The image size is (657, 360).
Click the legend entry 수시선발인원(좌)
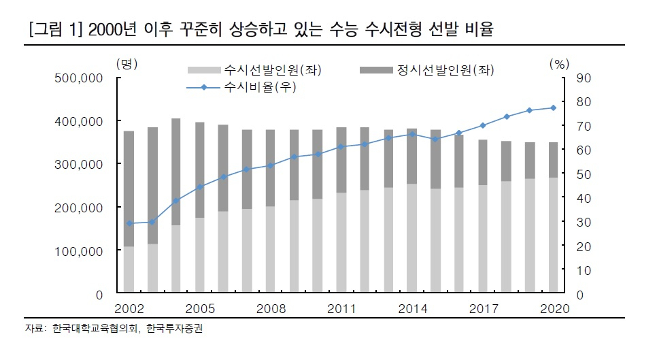pyautogui.click(x=254, y=69)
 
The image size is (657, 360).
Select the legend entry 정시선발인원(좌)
pyautogui.click(x=427, y=69)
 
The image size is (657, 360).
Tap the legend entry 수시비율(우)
pyautogui.click(x=241, y=87)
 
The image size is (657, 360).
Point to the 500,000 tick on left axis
pyautogui.click(x=78, y=78)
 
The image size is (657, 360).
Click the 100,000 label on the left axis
pyautogui.click(x=78, y=251)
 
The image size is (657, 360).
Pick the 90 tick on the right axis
pyautogui.click(x=584, y=78)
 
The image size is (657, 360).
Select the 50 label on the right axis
pyautogui.click(x=584, y=174)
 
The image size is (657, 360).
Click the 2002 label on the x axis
pyautogui.click(x=129, y=309)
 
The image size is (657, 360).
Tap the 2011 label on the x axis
pyautogui.click(x=341, y=309)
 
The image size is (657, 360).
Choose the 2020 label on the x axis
pyautogui.click(x=554, y=309)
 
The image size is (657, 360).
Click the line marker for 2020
pyautogui.click(x=553, y=108)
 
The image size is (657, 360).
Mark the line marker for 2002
pyautogui.click(x=129, y=223)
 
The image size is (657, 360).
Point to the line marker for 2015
pyautogui.click(x=435, y=139)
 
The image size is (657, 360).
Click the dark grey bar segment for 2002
pyautogui.click(x=129, y=189)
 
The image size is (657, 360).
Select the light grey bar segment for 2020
pyautogui.click(x=553, y=235)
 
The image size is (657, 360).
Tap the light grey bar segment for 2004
pyautogui.click(x=176, y=259)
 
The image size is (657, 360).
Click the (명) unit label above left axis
pyautogui.click(x=127, y=64)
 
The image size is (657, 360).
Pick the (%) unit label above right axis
pyautogui.click(x=559, y=64)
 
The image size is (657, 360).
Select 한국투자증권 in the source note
pyautogui.click(x=174, y=328)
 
